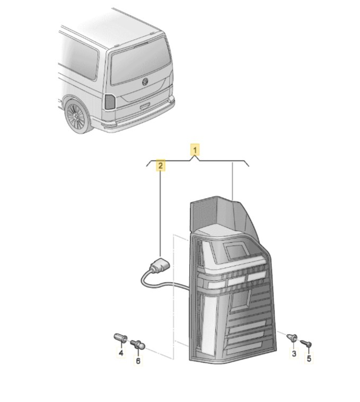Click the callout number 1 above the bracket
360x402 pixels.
[195, 150]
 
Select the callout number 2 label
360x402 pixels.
[160, 166]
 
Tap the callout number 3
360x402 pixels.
[294, 354]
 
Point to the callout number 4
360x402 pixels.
[121, 353]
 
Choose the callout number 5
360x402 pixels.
[309, 358]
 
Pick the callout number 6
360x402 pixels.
[138, 361]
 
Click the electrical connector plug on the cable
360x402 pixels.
[160, 265]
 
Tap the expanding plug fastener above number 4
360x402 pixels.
[120, 338]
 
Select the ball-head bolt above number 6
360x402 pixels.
[138, 345]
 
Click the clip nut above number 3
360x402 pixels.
[292, 338]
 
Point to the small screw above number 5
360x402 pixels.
[306, 343]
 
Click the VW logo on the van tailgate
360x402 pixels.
[145, 82]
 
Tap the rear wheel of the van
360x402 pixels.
[77, 116]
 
